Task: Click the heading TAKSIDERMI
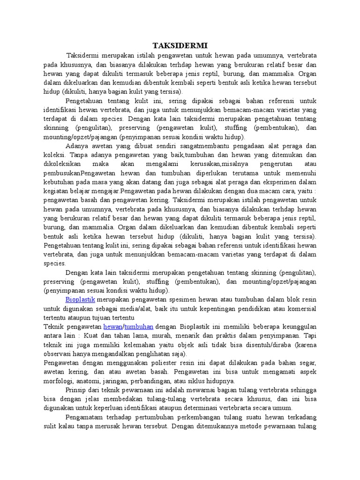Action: [x=180, y=45]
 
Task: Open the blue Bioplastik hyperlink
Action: [x=80, y=299]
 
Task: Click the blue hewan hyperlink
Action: [x=112, y=326]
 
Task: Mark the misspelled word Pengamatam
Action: [x=84, y=417]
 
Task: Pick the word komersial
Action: [x=300, y=308]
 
